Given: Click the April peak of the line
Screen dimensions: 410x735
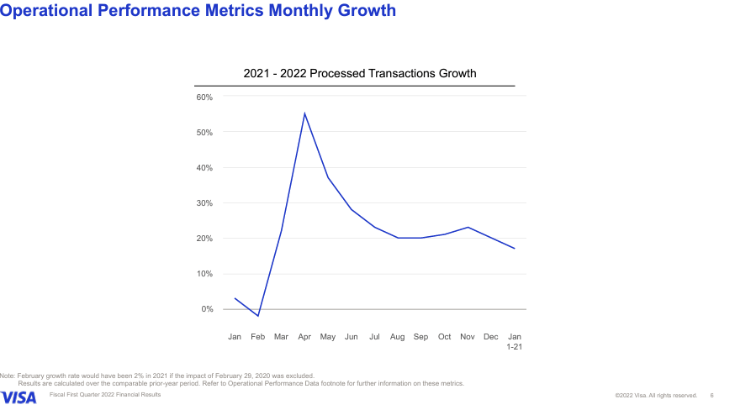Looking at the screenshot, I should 304,113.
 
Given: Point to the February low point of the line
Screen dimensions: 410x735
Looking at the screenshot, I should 258,316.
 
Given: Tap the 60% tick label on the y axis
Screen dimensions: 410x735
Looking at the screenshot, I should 205,97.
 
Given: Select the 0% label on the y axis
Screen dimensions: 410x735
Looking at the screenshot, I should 207,309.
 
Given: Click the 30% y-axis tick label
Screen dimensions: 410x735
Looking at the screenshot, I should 205,203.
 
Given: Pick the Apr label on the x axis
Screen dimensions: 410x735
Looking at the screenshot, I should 304,337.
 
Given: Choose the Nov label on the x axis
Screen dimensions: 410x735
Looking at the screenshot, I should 468,337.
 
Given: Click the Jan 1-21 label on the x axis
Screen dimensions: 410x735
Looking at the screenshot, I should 514,341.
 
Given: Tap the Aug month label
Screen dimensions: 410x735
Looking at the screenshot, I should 398,337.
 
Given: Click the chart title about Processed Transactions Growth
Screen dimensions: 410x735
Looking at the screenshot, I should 360,74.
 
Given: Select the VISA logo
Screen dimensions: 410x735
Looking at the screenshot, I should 19,397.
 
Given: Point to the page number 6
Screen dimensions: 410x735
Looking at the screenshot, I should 711,395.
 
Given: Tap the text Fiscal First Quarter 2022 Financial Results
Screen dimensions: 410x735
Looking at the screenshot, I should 105,394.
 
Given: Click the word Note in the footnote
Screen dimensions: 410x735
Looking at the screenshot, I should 8,376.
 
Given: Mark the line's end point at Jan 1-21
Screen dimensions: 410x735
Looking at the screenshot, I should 514,249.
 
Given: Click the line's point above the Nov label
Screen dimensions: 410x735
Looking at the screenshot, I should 468,227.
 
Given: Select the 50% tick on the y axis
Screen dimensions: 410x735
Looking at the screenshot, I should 205,133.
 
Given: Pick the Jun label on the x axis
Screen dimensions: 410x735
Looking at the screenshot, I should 352,337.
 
